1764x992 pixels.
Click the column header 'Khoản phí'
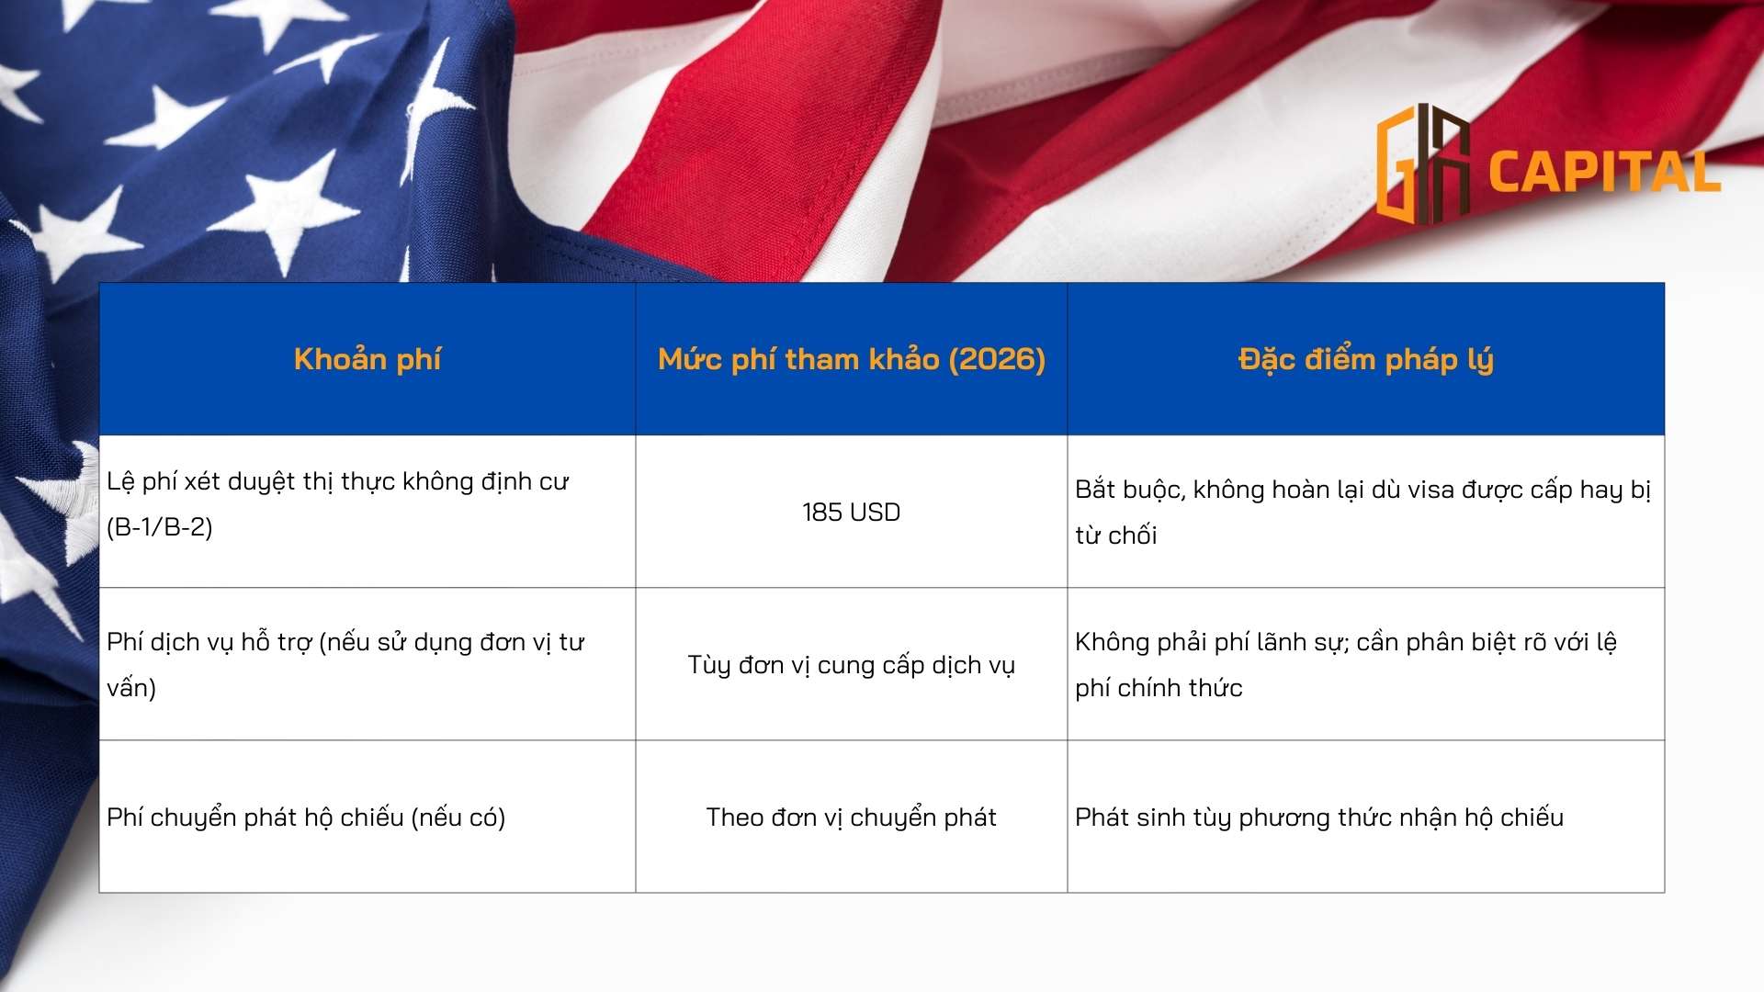[367, 359]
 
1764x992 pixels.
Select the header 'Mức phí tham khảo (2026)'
[852, 359]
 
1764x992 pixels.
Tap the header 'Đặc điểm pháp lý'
[1365, 359]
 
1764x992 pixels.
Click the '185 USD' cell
[851, 513]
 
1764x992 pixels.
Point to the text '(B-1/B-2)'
[160, 527]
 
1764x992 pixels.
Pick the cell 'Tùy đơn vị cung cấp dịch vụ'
[851, 665]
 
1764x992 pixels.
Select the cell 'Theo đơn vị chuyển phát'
[851, 817]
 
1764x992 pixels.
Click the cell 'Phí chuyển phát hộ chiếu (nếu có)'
[306, 817]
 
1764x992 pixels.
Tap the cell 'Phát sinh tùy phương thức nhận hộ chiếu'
[1319, 817]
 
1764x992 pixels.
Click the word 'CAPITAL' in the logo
[1604, 172]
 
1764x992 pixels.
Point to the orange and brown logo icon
[1423, 164]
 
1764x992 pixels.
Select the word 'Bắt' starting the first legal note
[1095, 489]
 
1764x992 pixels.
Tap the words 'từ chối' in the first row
[1115, 535]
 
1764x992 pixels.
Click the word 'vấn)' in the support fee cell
[131, 688]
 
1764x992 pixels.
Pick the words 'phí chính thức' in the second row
[1159, 688]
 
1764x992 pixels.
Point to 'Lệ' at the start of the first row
[120, 481]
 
